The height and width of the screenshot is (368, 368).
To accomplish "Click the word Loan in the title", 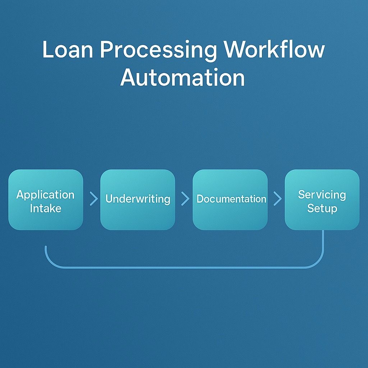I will [x=67, y=50].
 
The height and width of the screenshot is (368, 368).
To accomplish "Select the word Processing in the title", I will [x=158, y=51].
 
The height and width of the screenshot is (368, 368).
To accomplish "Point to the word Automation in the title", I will [x=183, y=77].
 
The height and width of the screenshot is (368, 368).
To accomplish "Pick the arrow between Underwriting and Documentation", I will [x=185, y=199].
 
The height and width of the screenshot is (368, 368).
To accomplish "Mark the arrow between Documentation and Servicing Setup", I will [x=277, y=199].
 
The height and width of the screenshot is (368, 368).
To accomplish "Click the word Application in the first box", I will [x=45, y=195].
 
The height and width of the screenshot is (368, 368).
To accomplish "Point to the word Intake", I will [x=46, y=208].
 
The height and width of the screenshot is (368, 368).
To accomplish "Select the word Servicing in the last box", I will [x=322, y=195].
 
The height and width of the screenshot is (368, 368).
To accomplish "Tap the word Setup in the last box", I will [x=322, y=208].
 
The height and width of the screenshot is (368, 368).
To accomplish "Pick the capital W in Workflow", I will [x=236, y=50].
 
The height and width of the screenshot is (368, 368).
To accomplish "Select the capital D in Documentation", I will [x=201, y=199].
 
